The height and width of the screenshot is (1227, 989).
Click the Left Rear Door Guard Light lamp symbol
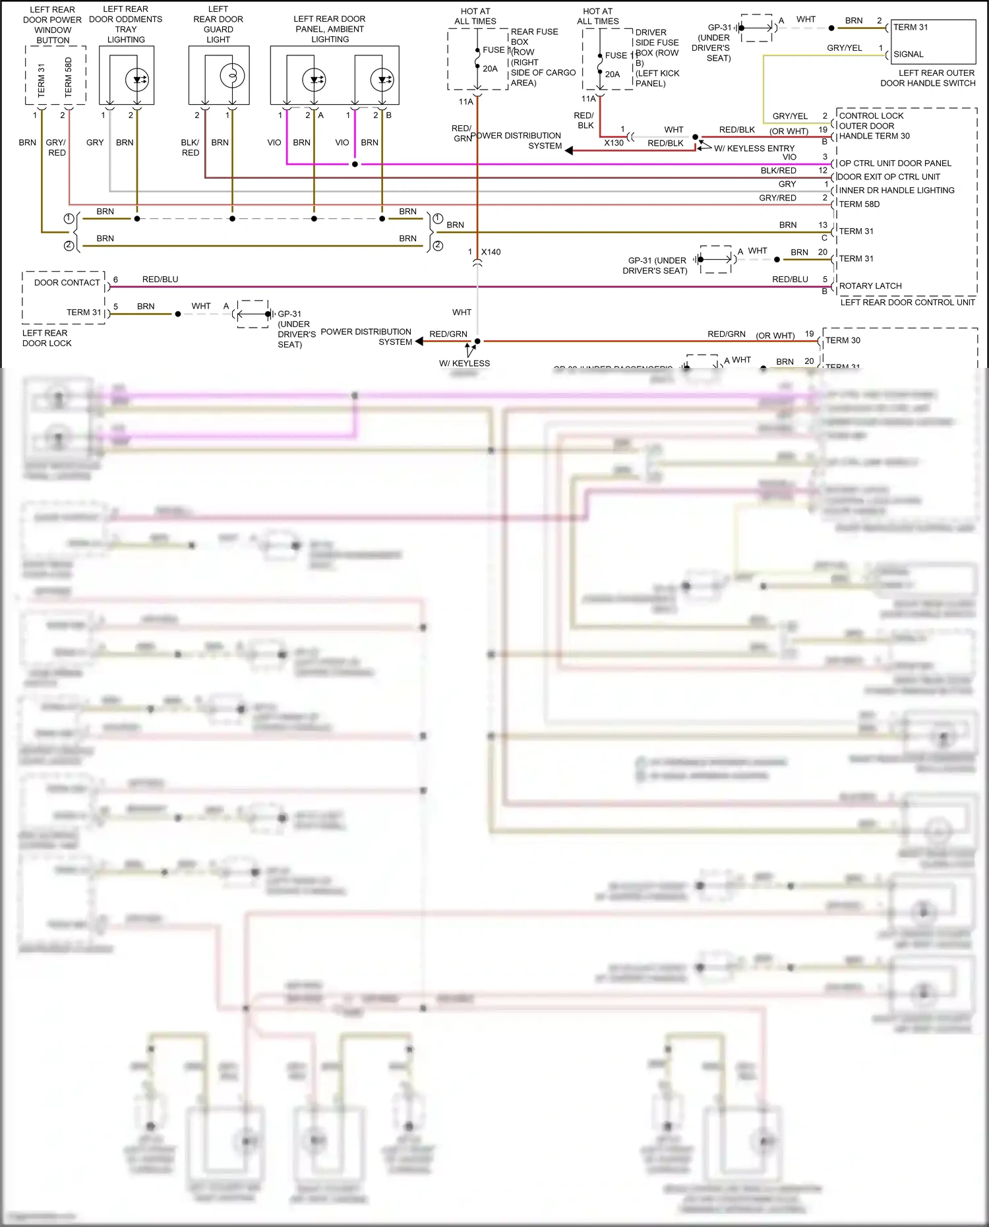click(x=232, y=76)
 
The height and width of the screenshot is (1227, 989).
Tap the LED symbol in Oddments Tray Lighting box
click(x=137, y=80)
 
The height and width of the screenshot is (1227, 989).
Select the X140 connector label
click(x=491, y=252)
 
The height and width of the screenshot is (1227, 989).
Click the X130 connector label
click(x=614, y=142)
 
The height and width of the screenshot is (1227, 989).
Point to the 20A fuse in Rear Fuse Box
click(x=477, y=60)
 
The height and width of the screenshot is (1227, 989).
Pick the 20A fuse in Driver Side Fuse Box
click(x=600, y=65)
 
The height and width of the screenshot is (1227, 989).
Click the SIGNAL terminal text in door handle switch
click(x=908, y=54)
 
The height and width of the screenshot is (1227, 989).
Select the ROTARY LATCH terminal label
click(x=870, y=285)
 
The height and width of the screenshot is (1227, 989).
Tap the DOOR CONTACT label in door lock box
click(x=67, y=282)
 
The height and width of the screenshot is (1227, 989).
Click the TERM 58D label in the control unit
click(x=859, y=204)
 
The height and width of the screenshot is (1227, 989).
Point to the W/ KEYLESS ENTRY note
click(x=754, y=148)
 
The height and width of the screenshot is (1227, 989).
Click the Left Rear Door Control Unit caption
click(x=907, y=302)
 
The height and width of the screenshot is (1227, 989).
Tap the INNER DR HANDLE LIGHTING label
click(x=896, y=190)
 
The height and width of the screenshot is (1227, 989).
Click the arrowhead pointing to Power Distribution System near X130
click(x=569, y=151)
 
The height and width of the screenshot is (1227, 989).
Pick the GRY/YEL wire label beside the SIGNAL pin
click(x=844, y=47)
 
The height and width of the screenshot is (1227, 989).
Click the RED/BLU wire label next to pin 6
click(x=160, y=279)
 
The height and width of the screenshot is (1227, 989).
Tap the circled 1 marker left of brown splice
click(x=69, y=218)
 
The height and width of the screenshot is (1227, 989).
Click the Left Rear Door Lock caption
click(x=46, y=338)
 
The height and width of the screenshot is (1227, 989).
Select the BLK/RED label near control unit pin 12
click(x=778, y=170)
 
